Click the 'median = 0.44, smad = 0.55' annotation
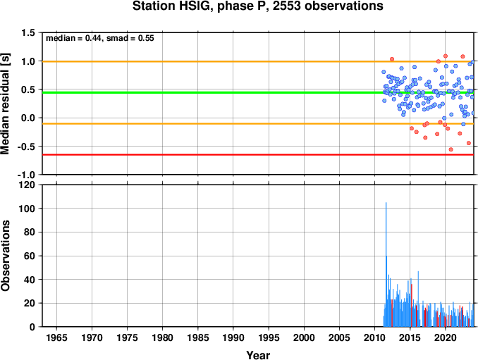point(100,38)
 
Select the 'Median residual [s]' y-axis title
point(5,104)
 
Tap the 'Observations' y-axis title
point(5,256)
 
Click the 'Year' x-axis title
point(258,355)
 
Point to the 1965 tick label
point(56,337)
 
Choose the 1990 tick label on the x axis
point(233,337)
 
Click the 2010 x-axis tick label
point(374,337)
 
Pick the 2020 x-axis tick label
point(446,337)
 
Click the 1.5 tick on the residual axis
point(28,32)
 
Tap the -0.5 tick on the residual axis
point(26,147)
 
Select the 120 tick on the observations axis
point(27,185)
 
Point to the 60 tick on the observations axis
point(30,256)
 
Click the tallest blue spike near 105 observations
point(386,264)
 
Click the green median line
point(258,92)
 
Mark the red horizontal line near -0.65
point(258,155)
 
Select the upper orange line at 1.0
point(258,61)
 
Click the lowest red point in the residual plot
point(451,149)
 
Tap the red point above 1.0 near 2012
point(392,59)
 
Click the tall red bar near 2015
point(412,305)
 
